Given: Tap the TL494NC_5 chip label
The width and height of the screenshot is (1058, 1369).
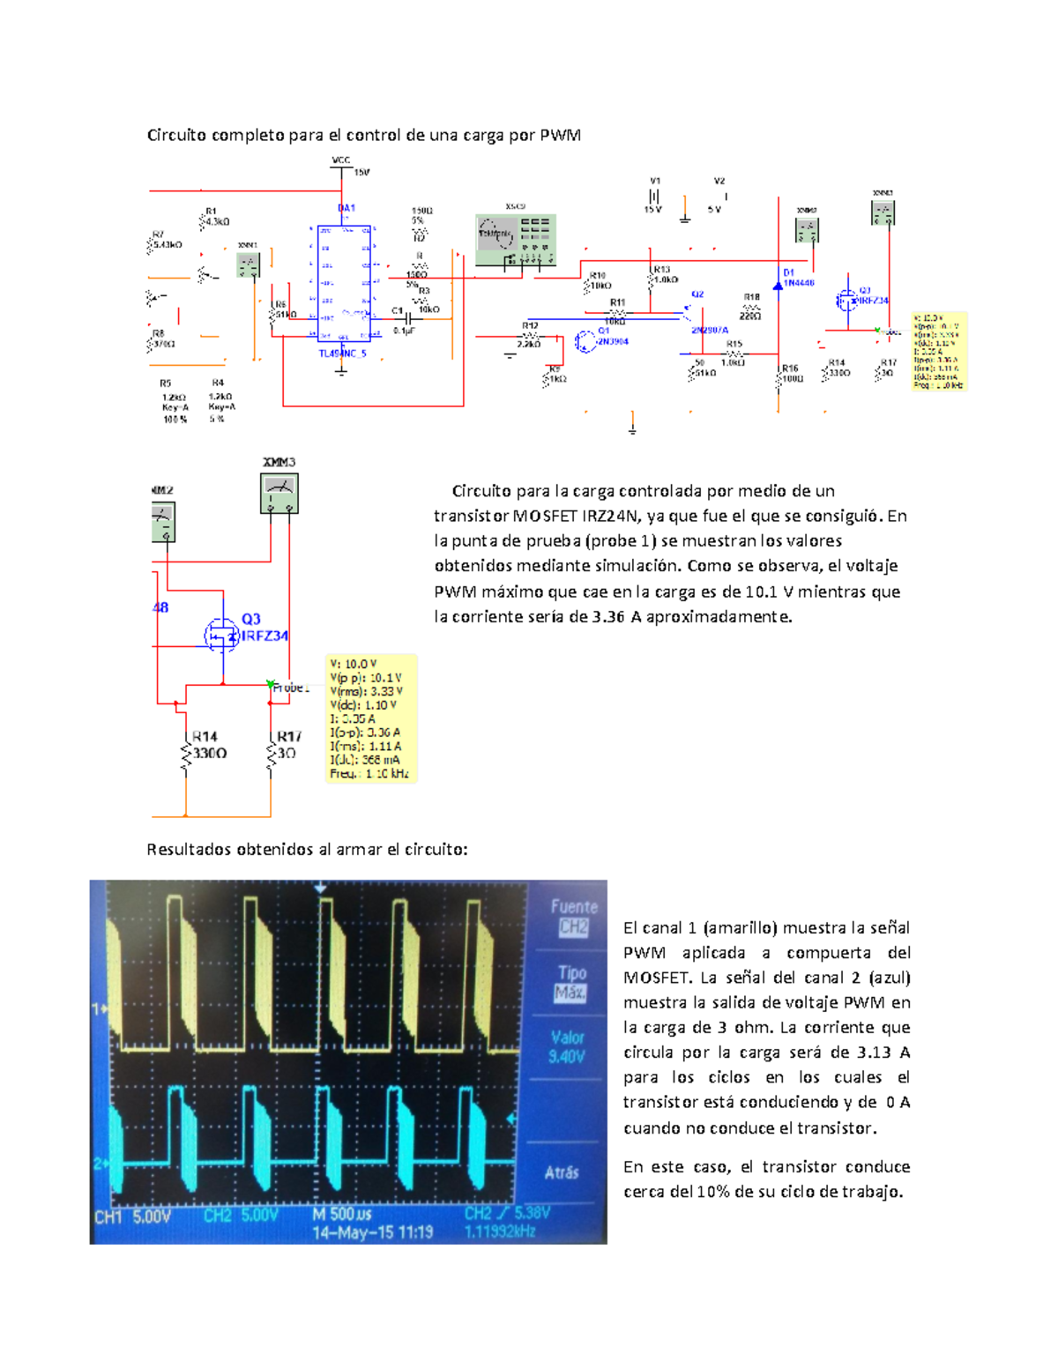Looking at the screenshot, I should (x=342, y=353).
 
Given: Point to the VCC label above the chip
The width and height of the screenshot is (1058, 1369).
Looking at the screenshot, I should (x=340, y=160).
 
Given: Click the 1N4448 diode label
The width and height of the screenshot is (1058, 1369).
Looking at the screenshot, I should (x=799, y=283).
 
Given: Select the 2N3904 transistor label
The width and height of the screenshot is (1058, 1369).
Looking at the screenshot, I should (x=613, y=341).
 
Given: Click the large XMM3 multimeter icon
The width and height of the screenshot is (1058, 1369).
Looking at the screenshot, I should (x=279, y=493).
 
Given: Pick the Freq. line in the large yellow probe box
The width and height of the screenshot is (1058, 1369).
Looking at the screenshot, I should (x=369, y=773).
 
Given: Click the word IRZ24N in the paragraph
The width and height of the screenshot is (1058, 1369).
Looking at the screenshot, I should (x=609, y=516).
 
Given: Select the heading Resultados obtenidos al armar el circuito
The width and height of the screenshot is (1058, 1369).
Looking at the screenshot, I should (x=307, y=849).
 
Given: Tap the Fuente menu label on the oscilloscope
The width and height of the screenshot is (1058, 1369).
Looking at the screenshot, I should (x=574, y=906).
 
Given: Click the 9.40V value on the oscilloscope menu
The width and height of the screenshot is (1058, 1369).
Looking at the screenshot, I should (x=567, y=1056).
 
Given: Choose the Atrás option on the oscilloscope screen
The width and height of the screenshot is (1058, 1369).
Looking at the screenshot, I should (x=562, y=1172).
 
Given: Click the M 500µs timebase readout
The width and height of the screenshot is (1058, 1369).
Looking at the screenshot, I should (x=342, y=1214).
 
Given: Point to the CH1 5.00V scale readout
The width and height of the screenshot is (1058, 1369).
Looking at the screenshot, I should (x=132, y=1216).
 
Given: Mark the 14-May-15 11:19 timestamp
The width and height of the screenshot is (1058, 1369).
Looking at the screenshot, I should (x=372, y=1231).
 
